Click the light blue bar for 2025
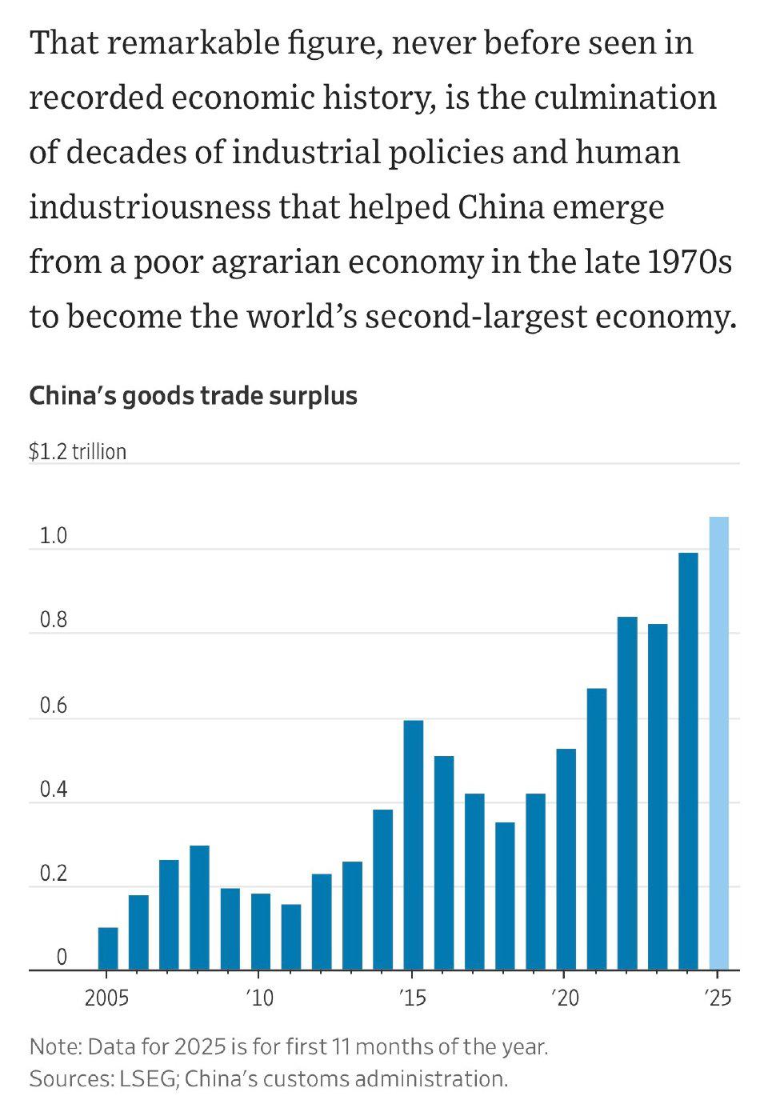(x=718, y=743)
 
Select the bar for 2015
(x=413, y=845)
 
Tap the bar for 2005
(x=108, y=949)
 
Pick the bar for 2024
(x=688, y=761)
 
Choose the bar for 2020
(x=566, y=859)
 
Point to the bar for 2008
(x=199, y=907)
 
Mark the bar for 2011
(x=291, y=937)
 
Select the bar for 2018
(x=505, y=896)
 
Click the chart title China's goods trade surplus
(x=193, y=396)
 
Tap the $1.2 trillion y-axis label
(x=78, y=452)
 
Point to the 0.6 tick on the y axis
(x=53, y=706)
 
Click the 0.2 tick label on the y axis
(x=53, y=874)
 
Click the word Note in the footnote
(x=54, y=1046)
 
